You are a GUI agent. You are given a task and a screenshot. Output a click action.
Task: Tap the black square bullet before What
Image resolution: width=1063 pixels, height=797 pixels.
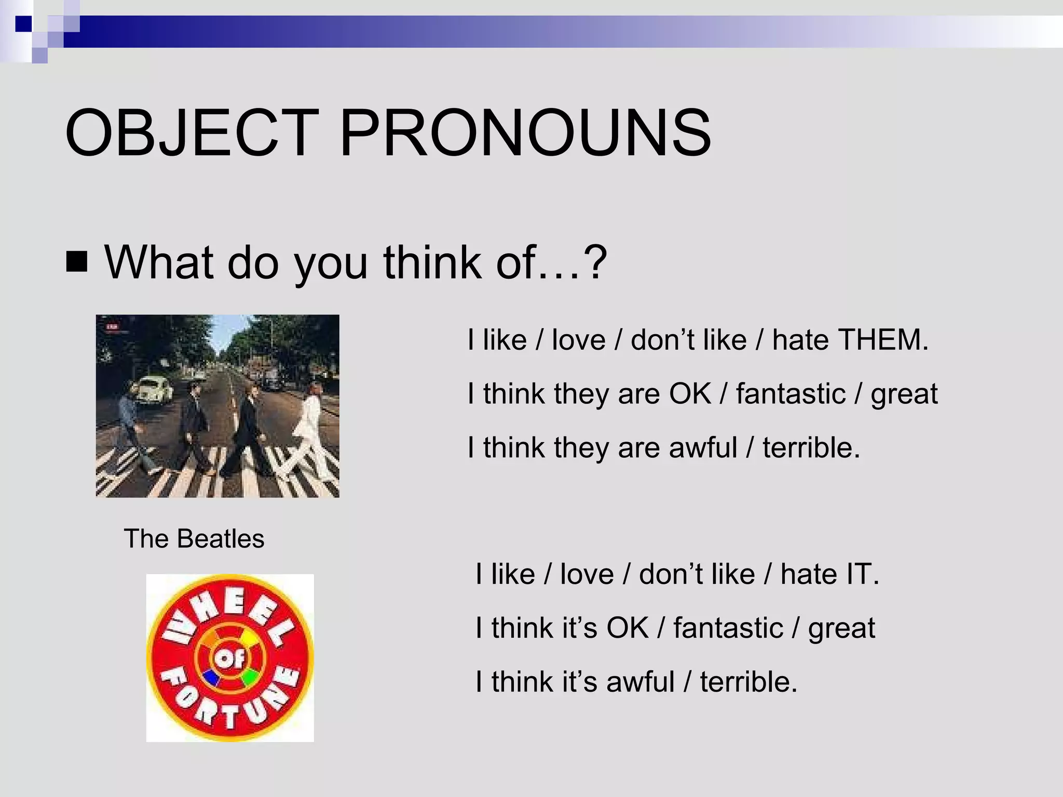[77, 262]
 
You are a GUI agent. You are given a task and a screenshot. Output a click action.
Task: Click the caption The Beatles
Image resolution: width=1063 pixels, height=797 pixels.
[194, 539]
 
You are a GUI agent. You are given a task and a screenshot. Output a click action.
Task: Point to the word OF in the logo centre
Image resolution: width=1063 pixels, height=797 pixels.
[230, 659]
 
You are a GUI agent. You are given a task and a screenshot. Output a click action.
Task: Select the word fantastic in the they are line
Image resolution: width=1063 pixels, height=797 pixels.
[791, 394]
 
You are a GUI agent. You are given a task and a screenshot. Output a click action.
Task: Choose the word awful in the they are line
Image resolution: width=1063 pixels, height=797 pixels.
[703, 448]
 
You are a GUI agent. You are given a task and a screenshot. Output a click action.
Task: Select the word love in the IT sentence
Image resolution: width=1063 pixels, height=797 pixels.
[587, 574]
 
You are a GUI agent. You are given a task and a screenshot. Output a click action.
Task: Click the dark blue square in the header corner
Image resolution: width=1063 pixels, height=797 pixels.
[23, 24]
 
